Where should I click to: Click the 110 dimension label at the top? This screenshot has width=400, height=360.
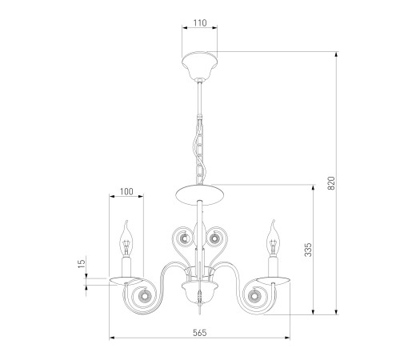tap(200, 23)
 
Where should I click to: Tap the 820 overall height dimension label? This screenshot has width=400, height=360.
tap(331, 183)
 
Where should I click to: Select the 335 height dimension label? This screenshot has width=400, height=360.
tap(308, 250)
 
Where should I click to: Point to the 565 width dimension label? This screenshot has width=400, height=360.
tap(200, 333)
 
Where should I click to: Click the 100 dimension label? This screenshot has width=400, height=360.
tap(126, 191)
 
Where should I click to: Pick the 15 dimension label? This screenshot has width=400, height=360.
tap(82, 262)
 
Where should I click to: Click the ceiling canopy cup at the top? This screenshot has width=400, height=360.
tap(200, 66)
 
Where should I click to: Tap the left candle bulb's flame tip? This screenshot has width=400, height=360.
tap(127, 221)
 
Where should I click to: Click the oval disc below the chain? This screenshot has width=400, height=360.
tap(200, 194)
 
